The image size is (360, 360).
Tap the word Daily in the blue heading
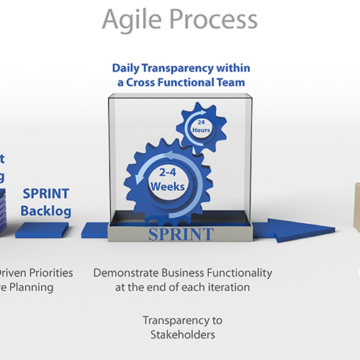[x=128, y=68]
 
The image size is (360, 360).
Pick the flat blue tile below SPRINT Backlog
[x=42, y=230]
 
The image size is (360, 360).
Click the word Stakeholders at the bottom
[x=182, y=334]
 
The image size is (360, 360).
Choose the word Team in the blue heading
[x=233, y=83]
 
